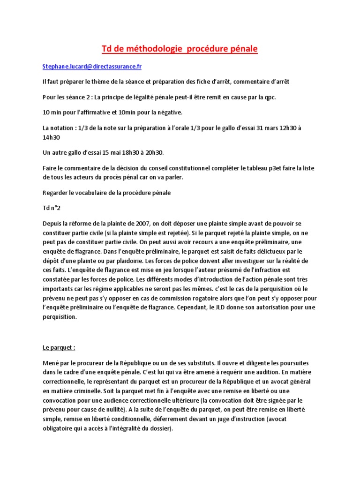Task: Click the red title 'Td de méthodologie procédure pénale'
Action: pyautogui.click(x=180, y=49)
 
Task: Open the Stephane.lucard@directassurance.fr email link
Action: pyautogui.click(x=92, y=67)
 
